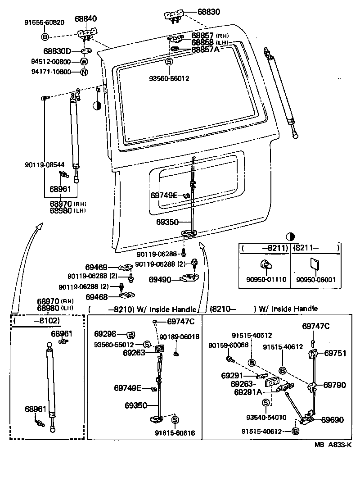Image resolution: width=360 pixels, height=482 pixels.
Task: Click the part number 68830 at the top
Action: point(208,12)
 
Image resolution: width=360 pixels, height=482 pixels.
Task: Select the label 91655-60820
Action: point(45,22)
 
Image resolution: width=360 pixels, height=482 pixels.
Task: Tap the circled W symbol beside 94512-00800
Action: point(84,62)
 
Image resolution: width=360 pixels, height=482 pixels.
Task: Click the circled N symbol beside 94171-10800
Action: point(84,72)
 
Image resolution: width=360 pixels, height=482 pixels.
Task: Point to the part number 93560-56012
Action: point(169,78)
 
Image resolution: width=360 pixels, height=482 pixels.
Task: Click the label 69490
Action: point(160,280)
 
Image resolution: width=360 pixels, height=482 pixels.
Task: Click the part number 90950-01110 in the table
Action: point(266,280)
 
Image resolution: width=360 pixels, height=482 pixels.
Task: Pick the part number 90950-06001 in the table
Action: point(316,280)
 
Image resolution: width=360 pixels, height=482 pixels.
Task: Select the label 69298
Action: point(105,334)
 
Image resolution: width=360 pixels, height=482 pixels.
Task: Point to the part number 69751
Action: point(335,353)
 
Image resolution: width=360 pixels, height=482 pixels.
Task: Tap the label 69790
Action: point(335,385)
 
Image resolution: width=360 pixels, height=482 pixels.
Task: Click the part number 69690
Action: point(332,420)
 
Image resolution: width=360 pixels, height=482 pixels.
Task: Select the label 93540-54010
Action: point(266,418)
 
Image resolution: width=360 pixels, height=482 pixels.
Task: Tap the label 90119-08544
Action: point(45,165)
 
